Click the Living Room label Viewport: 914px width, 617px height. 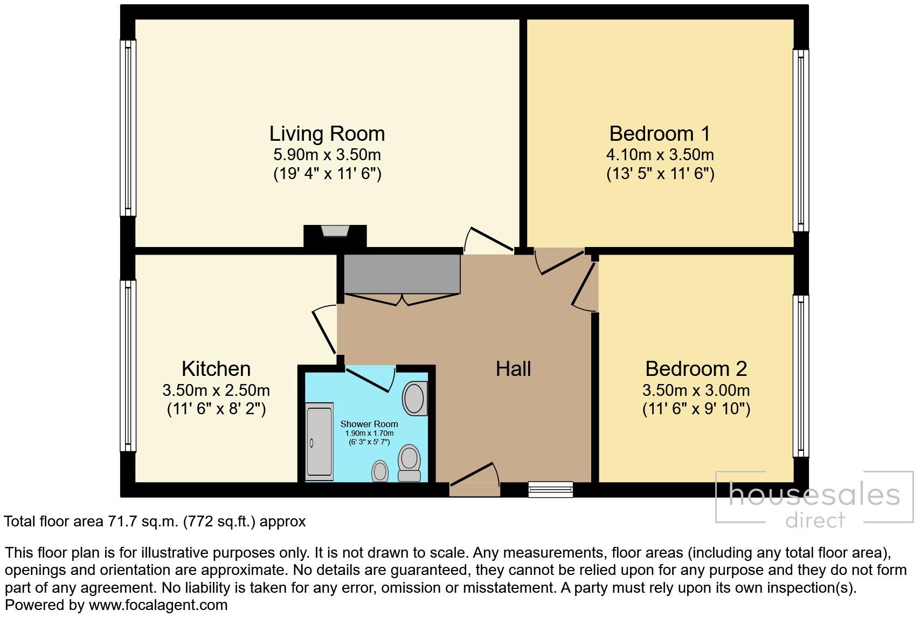click(x=327, y=133)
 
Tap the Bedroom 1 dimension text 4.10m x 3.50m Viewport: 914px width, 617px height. click(x=660, y=155)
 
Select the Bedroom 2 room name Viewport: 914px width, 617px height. click(x=696, y=369)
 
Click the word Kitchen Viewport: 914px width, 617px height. click(x=216, y=369)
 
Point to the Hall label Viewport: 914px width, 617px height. click(x=513, y=369)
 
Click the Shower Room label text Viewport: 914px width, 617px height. click(x=369, y=424)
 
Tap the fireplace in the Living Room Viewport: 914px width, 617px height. click(x=335, y=231)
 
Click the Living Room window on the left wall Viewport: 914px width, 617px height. click(x=128, y=128)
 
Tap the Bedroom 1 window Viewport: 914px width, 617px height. click(x=800, y=141)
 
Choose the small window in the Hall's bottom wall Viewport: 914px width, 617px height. click(x=550, y=489)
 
